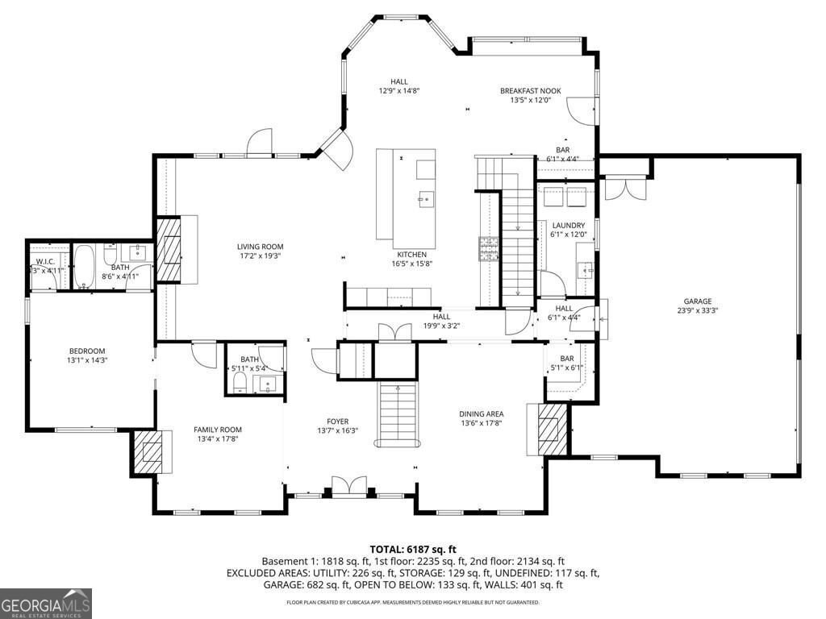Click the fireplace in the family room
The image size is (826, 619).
click(x=150, y=451)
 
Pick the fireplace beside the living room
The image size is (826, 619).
click(x=169, y=249)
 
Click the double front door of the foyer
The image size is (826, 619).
click(x=349, y=487)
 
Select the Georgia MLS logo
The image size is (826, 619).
click(x=46, y=604)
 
